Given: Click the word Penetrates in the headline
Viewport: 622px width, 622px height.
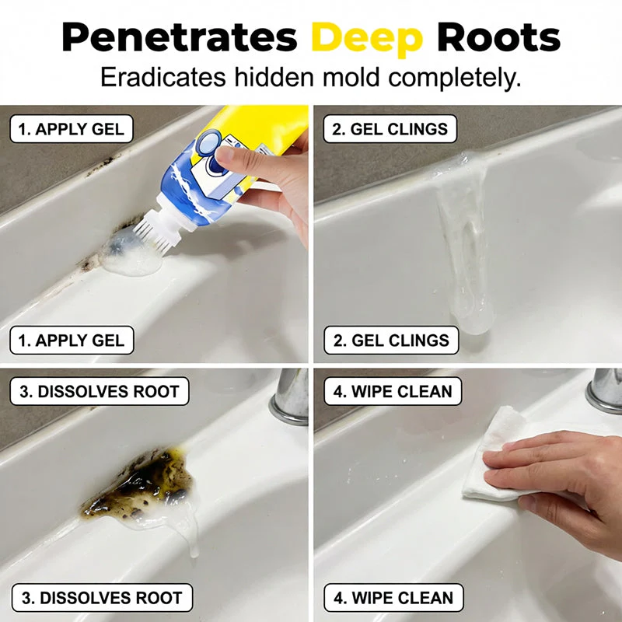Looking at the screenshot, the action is tap(180, 38).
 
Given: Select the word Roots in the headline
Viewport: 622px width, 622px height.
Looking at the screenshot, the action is tap(498, 37).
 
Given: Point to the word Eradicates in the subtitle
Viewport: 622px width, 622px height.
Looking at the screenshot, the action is tap(163, 77).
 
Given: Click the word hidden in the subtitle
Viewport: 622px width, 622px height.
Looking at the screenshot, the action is tap(274, 77).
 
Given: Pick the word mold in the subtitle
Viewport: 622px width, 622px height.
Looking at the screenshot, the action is tap(351, 77).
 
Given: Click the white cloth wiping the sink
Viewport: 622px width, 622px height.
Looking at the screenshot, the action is tap(501, 456).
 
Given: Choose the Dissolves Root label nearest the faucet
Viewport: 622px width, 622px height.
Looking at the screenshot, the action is tap(100, 391).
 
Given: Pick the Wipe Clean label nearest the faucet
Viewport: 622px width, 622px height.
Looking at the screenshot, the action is tap(393, 391).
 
